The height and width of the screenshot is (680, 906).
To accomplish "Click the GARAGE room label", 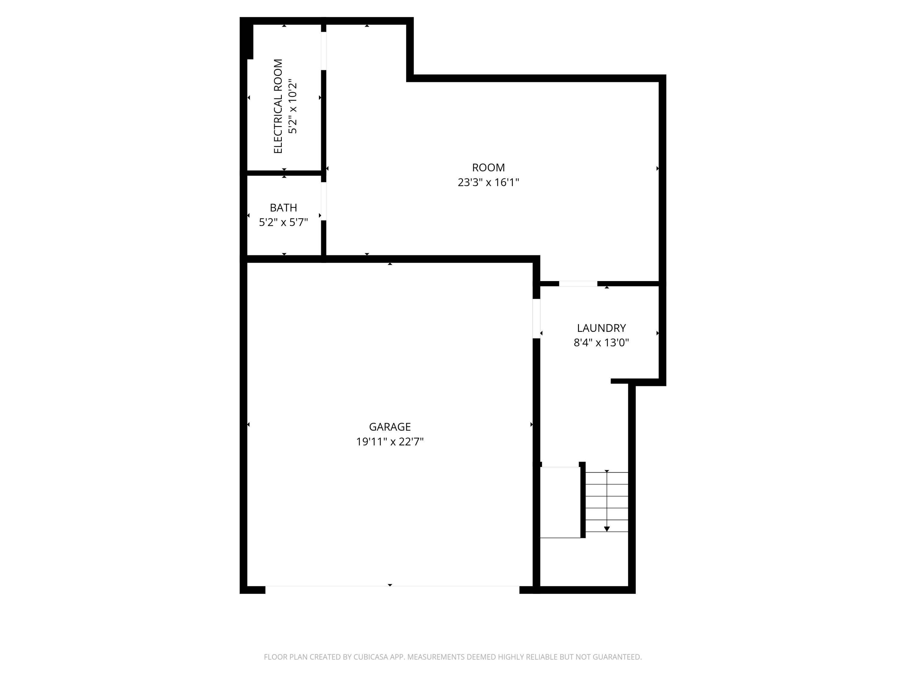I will coord(390,427).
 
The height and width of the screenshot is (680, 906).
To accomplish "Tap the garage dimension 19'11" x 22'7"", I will coord(390,442).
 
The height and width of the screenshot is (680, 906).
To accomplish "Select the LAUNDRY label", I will coord(601,328).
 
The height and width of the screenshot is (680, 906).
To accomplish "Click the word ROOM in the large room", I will coord(488,167).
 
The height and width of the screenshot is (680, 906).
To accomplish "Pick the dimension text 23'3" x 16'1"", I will coord(488,183).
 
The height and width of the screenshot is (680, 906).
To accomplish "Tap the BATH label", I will coord(283,207).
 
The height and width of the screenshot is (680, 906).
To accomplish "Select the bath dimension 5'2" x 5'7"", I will coord(283,222).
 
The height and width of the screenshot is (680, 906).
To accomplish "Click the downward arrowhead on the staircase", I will coord(607,529).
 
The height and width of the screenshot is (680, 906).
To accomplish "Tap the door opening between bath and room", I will coord(323,201).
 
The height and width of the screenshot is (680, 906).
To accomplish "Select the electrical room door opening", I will coord(323,51).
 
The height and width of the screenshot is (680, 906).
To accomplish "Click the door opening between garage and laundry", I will coord(536,319).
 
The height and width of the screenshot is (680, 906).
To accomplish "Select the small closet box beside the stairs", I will coord(560,502).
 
